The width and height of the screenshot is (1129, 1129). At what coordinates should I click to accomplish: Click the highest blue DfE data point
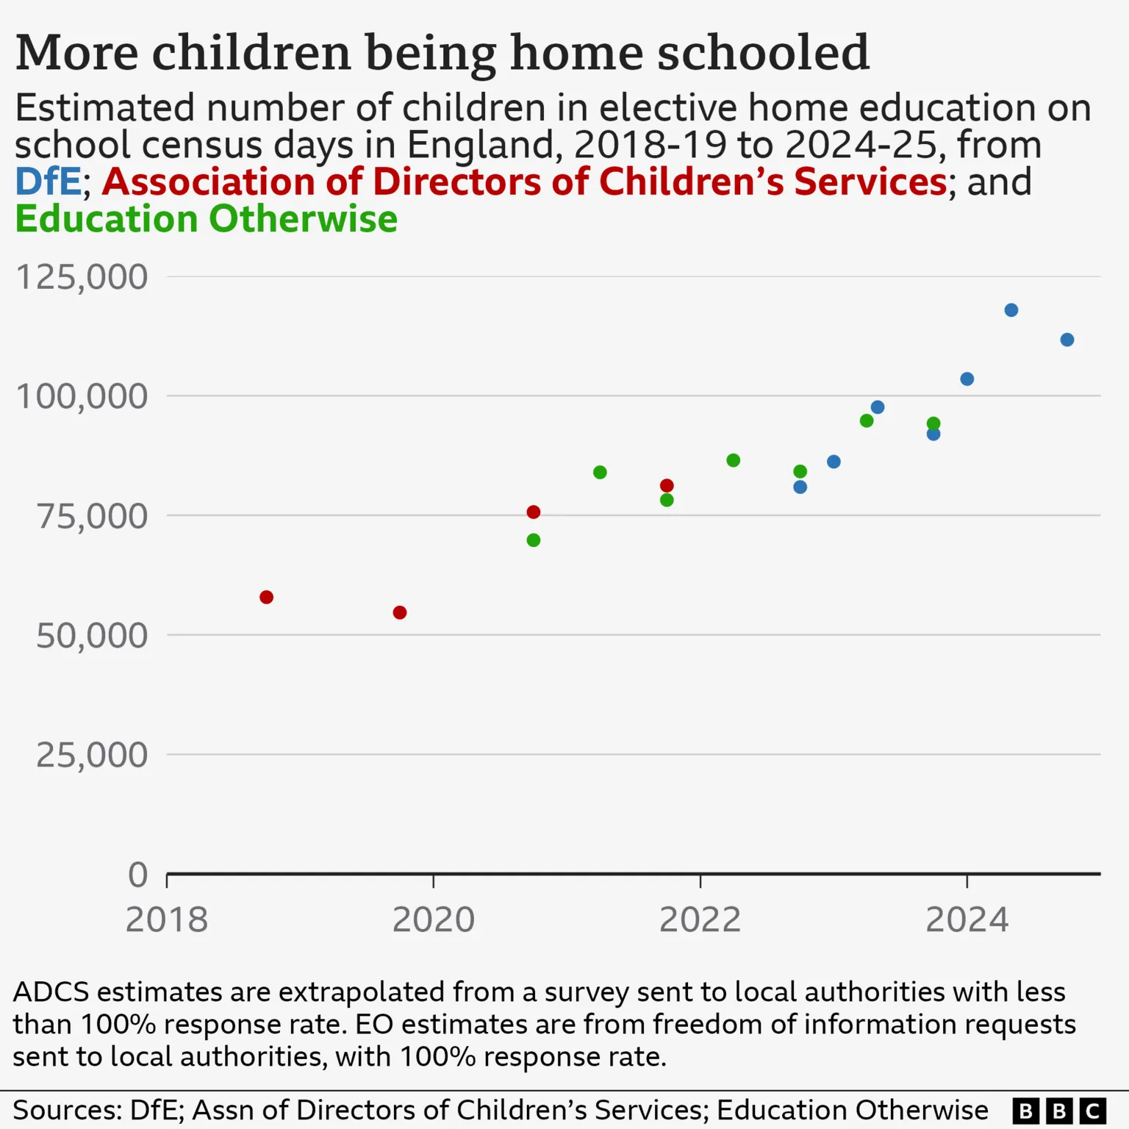pyautogui.click(x=1011, y=310)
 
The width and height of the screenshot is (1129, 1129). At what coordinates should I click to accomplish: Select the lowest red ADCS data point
pyautogui.click(x=400, y=612)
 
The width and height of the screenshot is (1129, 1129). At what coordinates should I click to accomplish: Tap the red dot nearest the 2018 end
pyautogui.click(x=267, y=597)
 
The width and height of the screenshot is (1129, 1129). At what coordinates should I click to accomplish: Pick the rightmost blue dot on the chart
pyautogui.click(x=1067, y=340)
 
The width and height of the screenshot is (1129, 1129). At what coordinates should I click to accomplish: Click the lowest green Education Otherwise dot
pyautogui.click(x=534, y=540)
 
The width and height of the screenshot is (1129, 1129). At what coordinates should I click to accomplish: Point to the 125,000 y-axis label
pyautogui.click(x=82, y=278)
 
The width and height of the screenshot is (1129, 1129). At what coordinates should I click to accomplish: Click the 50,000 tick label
pyautogui.click(x=92, y=636)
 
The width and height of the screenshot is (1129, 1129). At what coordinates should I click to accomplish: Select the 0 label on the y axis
pyautogui.click(x=138, y=875)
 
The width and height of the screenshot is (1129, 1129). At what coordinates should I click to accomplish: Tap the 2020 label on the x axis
pyautogui.click(x=434, y=920)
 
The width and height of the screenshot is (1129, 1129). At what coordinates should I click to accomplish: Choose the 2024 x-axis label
pyautogui.click(x=967, y=920)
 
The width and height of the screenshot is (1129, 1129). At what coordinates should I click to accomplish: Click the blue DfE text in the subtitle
pyautogui.click(x=48, y=182)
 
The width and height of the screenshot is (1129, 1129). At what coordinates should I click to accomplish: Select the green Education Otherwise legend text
pyautogui.click(x=206, y=219)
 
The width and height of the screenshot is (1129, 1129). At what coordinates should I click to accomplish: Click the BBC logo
pyautogui.click(x=1058, y=1110)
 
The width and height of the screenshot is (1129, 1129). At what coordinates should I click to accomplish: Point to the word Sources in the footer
pyautogui.click(x=67, y=1110)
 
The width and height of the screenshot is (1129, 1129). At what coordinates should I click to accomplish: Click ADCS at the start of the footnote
pyautogui.click(x=51, y=992)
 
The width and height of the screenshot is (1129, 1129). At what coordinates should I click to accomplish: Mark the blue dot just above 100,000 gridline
pyautogui.click(x=967, y=379)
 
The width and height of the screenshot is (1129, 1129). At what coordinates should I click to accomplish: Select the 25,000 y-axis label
pyautogui.click(x=92, y=755)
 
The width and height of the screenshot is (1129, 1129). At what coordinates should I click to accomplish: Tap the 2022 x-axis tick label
pyautogui.click(x=700, y=920)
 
